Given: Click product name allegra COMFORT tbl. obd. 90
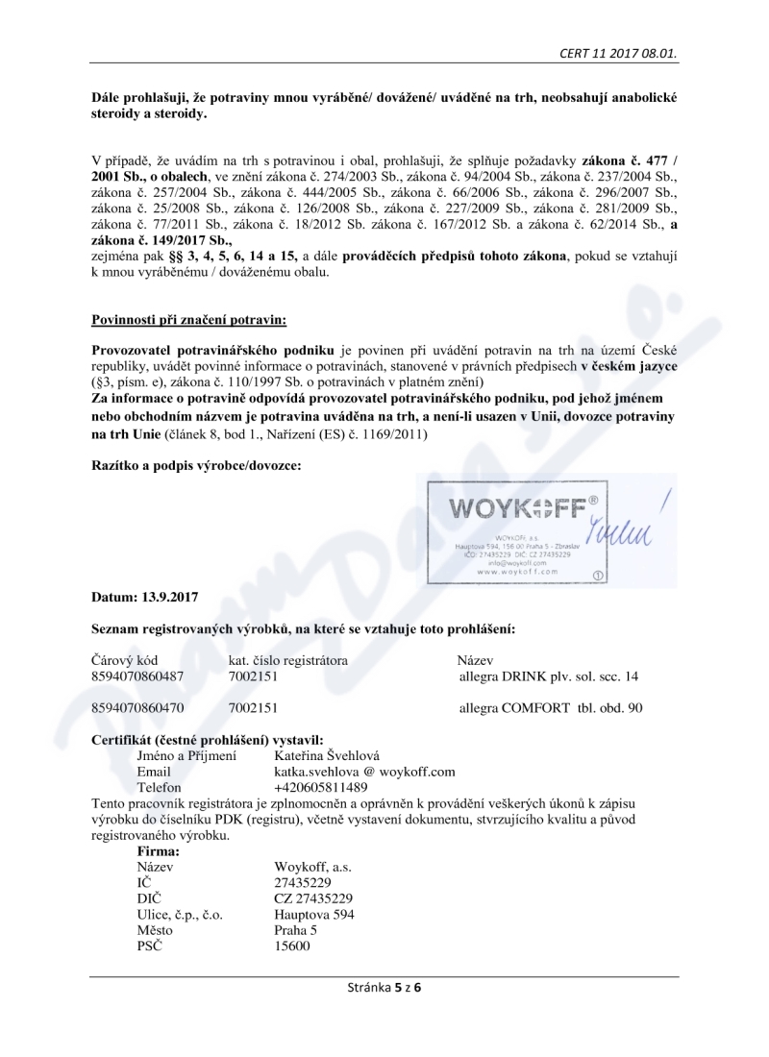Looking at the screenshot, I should [x=552, y=708].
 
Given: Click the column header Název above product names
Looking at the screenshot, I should [x=475, y=661].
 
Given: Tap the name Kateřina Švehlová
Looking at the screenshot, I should [x=327, y=755].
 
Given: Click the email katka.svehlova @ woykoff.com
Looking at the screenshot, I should [x=364, y=771].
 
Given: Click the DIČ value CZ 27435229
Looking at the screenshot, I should [x=313, y=898].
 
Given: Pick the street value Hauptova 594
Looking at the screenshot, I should [x=314, y=914].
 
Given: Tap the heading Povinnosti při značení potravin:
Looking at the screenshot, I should [x=188, y=317].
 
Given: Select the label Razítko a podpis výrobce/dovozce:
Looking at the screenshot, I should [x=196, y=465].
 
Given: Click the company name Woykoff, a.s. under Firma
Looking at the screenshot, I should [x=312, y=867].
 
